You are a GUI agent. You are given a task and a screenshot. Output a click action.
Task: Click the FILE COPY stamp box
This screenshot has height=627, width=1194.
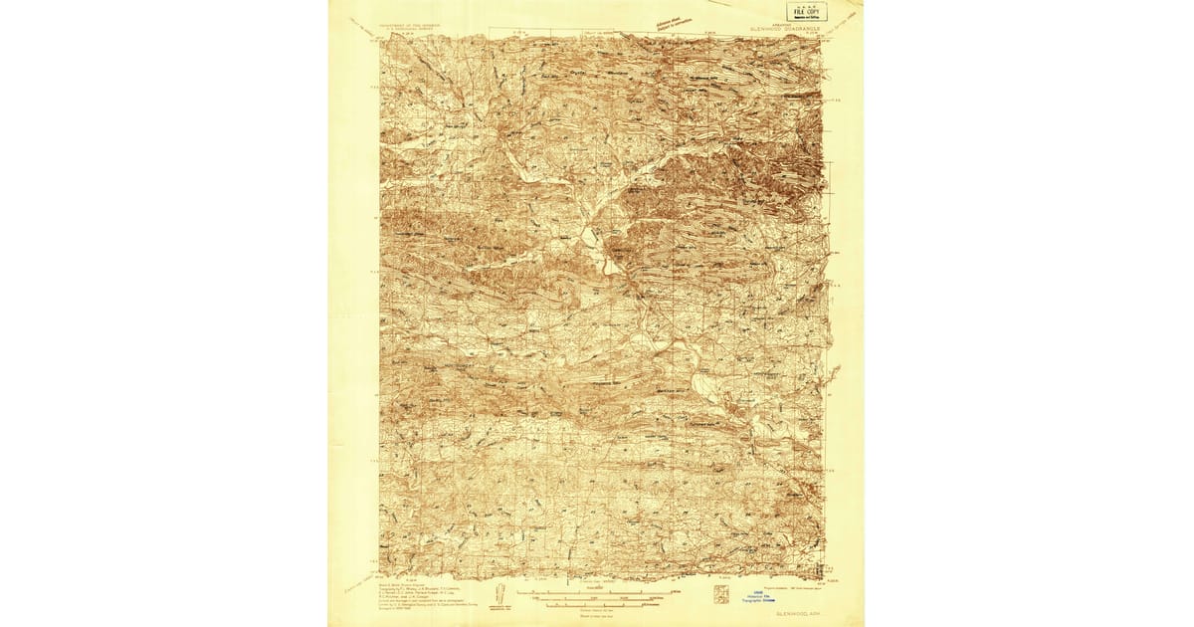[x=806, y=12]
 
